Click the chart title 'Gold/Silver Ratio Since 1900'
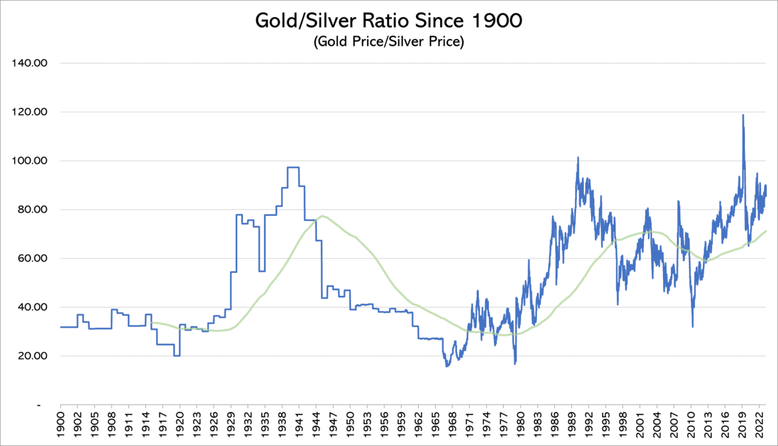(x=389, y=21)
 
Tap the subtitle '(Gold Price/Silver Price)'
(x=389, y=42)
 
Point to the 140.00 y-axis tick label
(x=30, y=63)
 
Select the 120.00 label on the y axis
(x=30, y=112)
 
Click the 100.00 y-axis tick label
(x=30, y=161)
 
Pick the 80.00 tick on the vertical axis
(x=32, y=210)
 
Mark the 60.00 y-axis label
(x=32, y=259)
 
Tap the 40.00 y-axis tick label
(x=32, y=308)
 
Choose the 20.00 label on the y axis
(x=32, y=357)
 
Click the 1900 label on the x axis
(x=61, y=423)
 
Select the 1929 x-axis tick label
(x=231, y=423)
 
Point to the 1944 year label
(x=322, y=423)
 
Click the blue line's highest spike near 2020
(x=743, y=115)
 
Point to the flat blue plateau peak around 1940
(x=293, y=167)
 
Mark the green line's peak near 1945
(x=322, y=216)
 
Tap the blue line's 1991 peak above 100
(x=578, y=158)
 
